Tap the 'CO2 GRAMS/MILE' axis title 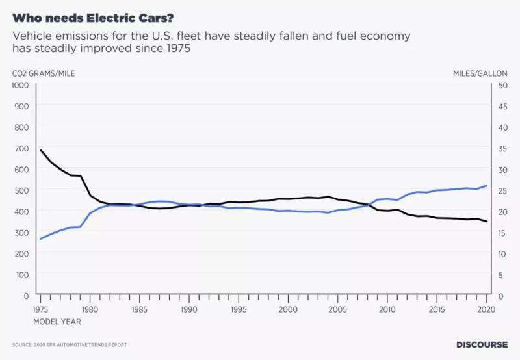pyautogui.click(x=44, y=73)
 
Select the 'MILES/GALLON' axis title pyautogui.click(x=480, y=73)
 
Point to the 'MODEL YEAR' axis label pyautogui.click(x=57, y=321)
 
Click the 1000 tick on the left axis pyautogui.click(x=21, y=84)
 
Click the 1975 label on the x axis pyautogui.click(x=41, y=309)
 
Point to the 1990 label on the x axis pyautogui.click(x=189, y=309)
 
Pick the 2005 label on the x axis pyautogui.click(x=338, y=309)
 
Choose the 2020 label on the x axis pyautogui.click(x=487, y=309)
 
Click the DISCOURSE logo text pyautogui.click(x=482, y=344)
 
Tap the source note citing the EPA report pyautogui.click(x=70, y=344)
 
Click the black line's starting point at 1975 pyautogui.click(x=41, y=150)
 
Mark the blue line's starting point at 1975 pyautogui.click(x=41, y=238)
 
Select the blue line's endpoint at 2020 pyautogui.click(x=487, y=186)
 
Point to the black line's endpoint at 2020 pyautogui.click(x=487, y=222)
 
